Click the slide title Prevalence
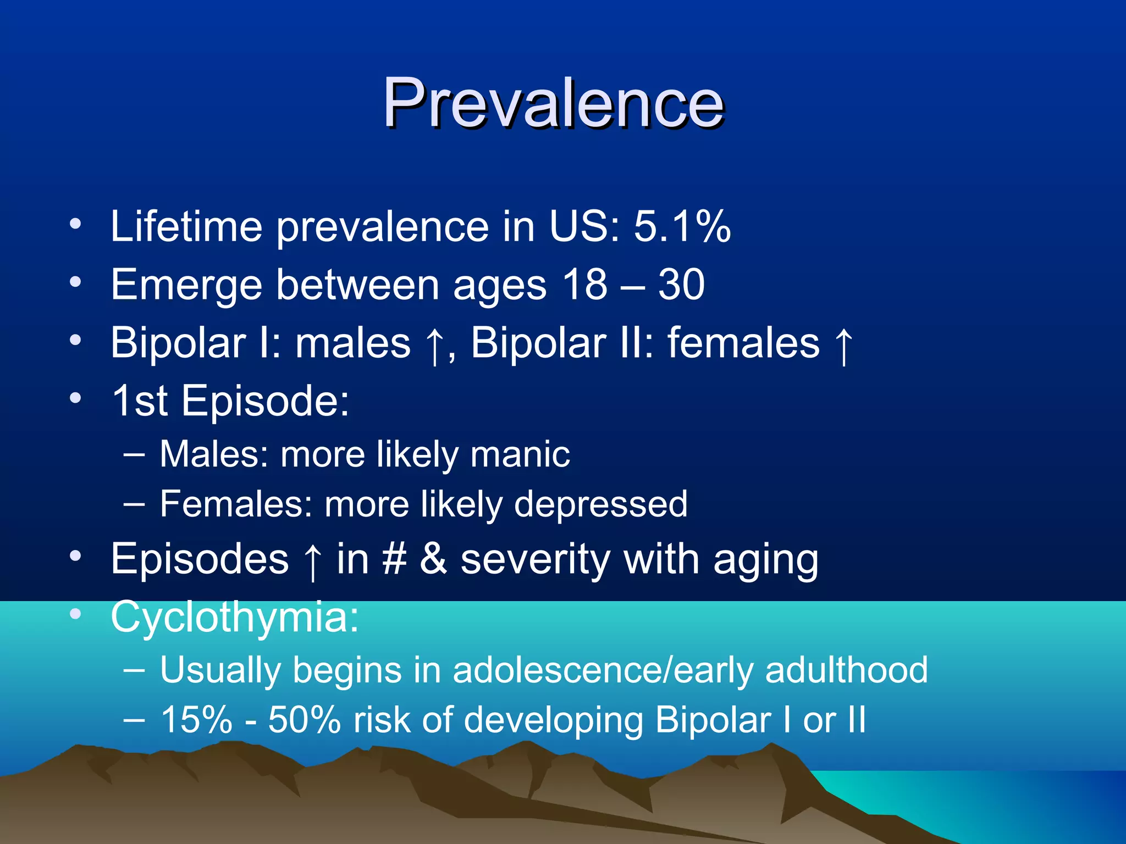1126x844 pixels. tap(553, 103)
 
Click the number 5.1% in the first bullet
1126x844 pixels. tap(682, 226)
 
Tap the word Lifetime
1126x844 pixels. tap(186, 226)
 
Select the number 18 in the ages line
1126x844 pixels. tap(584, 284)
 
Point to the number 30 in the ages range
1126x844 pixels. tap(681, 284)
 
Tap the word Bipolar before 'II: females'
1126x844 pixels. tap(538, 343)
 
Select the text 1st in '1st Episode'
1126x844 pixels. tap(139, 401)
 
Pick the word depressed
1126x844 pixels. tap(600, 504)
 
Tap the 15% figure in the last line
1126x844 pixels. tap(196, 720)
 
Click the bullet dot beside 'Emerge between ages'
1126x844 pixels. tap(75, 282)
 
